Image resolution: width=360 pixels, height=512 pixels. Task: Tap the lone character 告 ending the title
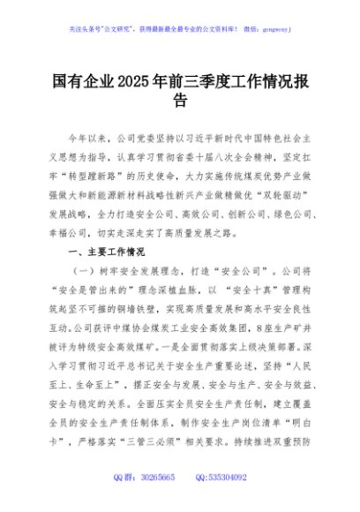click(x=180, y=102)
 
